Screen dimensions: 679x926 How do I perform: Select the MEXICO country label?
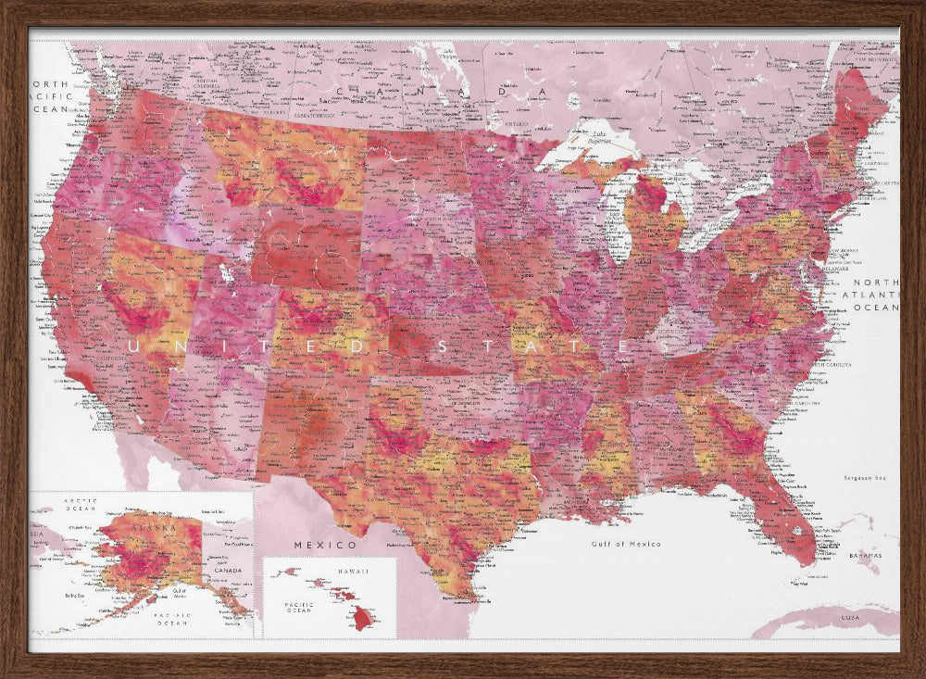[325, 545]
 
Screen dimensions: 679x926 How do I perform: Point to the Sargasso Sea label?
[865, 478]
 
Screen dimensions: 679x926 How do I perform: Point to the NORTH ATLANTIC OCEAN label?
[875, 294]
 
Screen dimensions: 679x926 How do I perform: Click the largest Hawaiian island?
[362, 619]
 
